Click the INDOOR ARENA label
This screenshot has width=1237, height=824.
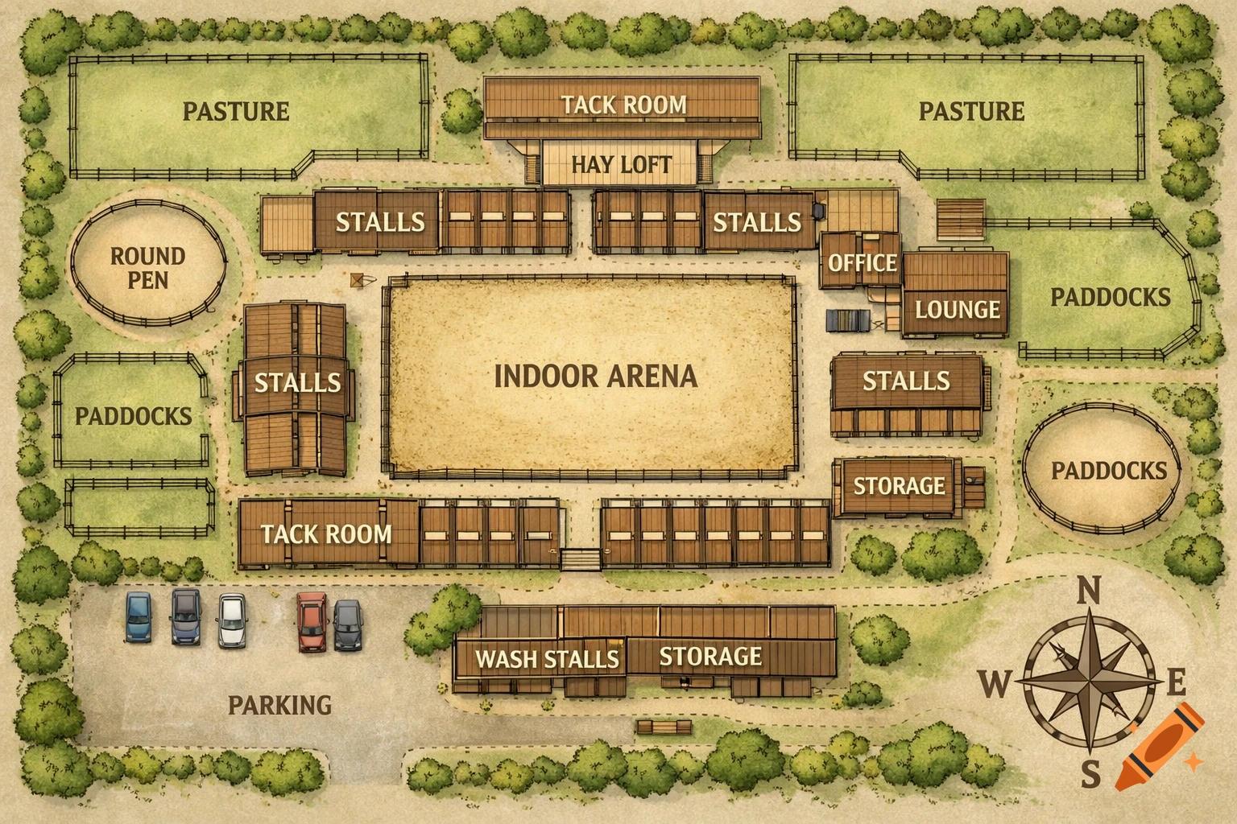pos(595,376)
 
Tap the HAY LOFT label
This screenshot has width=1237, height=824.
pos(621,165)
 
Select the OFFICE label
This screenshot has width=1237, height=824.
pos(862,262)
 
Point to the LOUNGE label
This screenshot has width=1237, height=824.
pos(957,309)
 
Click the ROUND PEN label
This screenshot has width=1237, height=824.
pos(147,268)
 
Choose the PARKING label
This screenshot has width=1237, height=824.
pos(279,705)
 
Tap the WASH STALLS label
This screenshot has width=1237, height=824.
pos(547,659)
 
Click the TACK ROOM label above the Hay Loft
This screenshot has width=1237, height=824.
pos(623,105)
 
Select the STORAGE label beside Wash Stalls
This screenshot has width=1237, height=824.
pos(710,657)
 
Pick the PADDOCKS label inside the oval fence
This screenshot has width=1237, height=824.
pos(1108,471)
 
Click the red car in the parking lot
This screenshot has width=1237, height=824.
pos(312,621)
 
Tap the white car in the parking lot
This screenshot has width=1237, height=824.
pos(232,620)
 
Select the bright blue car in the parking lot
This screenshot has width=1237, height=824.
pos(139,617)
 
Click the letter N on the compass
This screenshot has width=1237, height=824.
pos(1089,591)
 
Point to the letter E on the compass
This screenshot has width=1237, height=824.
pos(1176,683)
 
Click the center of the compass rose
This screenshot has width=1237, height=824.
pos(1089,682)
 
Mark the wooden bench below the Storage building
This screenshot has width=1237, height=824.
pos(664,727)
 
